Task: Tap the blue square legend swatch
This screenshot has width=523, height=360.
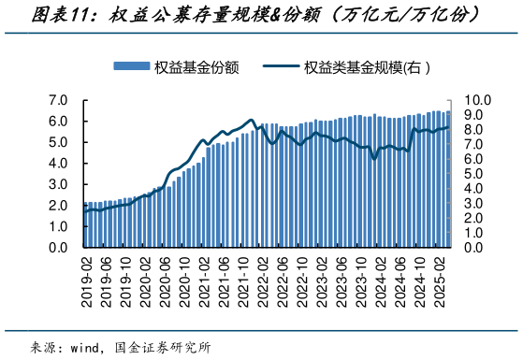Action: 131,66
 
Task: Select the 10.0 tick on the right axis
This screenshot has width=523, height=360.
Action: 476,100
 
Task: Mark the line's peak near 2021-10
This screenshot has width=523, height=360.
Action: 251,120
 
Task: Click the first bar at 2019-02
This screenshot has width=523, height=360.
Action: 85,225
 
